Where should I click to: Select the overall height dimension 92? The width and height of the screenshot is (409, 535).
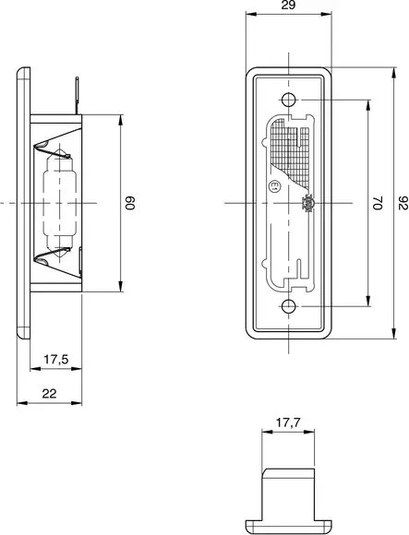[x=402, y=202]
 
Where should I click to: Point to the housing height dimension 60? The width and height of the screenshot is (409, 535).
[x=130, y=203]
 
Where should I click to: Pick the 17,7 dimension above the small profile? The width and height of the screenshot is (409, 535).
[x=288, y=424]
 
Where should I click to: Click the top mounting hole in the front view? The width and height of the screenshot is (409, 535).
[x=289, y=100]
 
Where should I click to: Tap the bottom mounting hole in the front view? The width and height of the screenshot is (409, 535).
[x=289, y=305]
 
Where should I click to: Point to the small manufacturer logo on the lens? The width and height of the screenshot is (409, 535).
[x=307, y=202]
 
